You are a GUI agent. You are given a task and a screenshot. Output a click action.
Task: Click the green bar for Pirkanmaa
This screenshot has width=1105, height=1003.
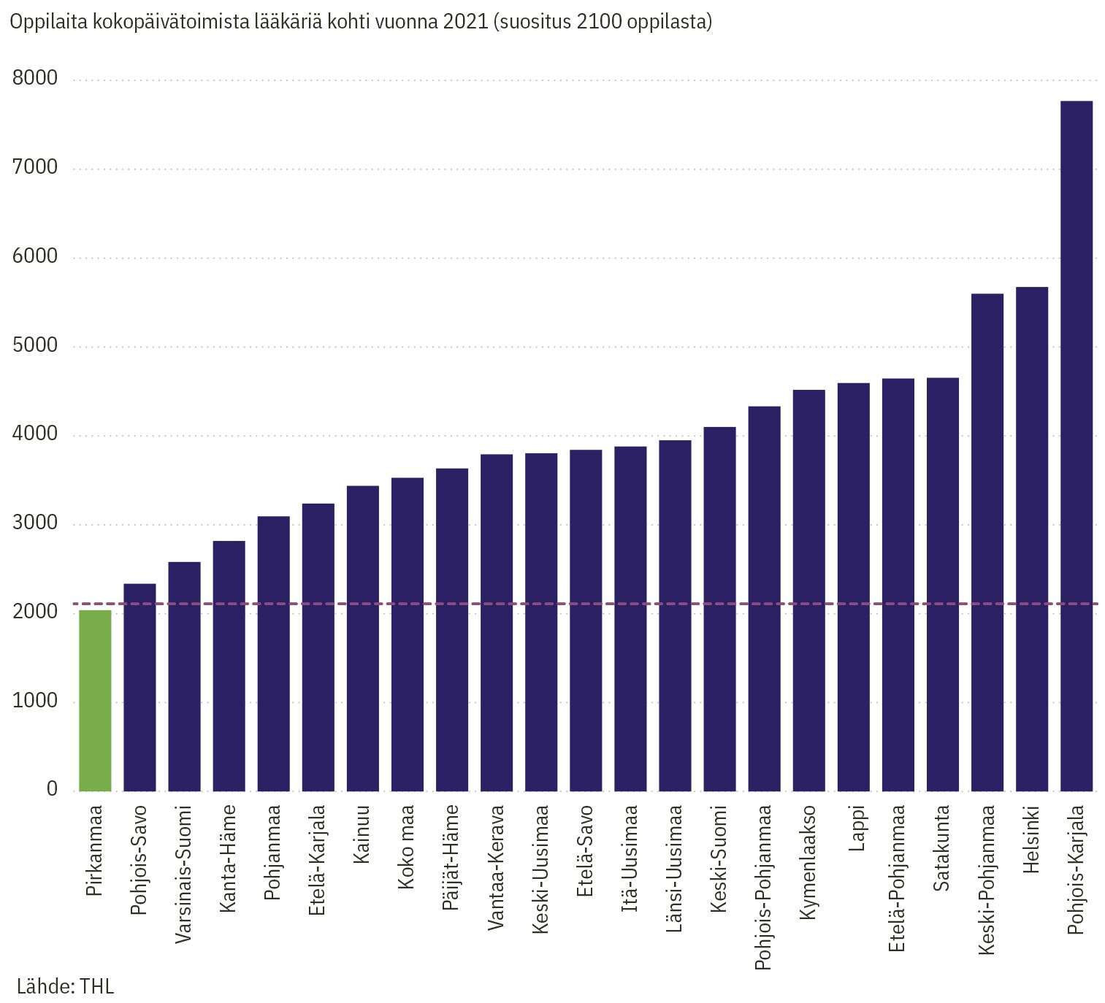95,701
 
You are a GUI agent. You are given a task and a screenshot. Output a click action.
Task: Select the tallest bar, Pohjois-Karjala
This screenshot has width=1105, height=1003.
1076,445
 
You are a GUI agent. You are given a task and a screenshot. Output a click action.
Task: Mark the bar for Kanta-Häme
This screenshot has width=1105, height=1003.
229,666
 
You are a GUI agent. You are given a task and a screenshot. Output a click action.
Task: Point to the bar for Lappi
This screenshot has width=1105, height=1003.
853,587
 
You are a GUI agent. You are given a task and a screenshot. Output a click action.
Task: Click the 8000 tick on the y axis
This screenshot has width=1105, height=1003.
35,78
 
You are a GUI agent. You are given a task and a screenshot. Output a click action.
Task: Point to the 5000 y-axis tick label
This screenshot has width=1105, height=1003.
35,345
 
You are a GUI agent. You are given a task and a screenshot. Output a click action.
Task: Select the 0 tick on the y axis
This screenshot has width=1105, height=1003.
52,789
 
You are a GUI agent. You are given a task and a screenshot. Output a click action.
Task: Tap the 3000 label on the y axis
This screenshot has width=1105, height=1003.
35,523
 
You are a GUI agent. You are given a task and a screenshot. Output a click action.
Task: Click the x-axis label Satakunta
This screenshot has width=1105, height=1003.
943,848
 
